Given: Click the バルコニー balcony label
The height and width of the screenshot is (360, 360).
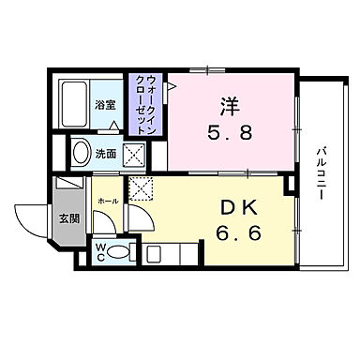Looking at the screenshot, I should click(x=321, y=170).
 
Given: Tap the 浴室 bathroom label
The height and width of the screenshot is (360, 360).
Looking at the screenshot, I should click(x=104, y=103).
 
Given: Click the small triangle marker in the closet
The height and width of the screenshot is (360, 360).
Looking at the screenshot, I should click(x=169, y=88).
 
